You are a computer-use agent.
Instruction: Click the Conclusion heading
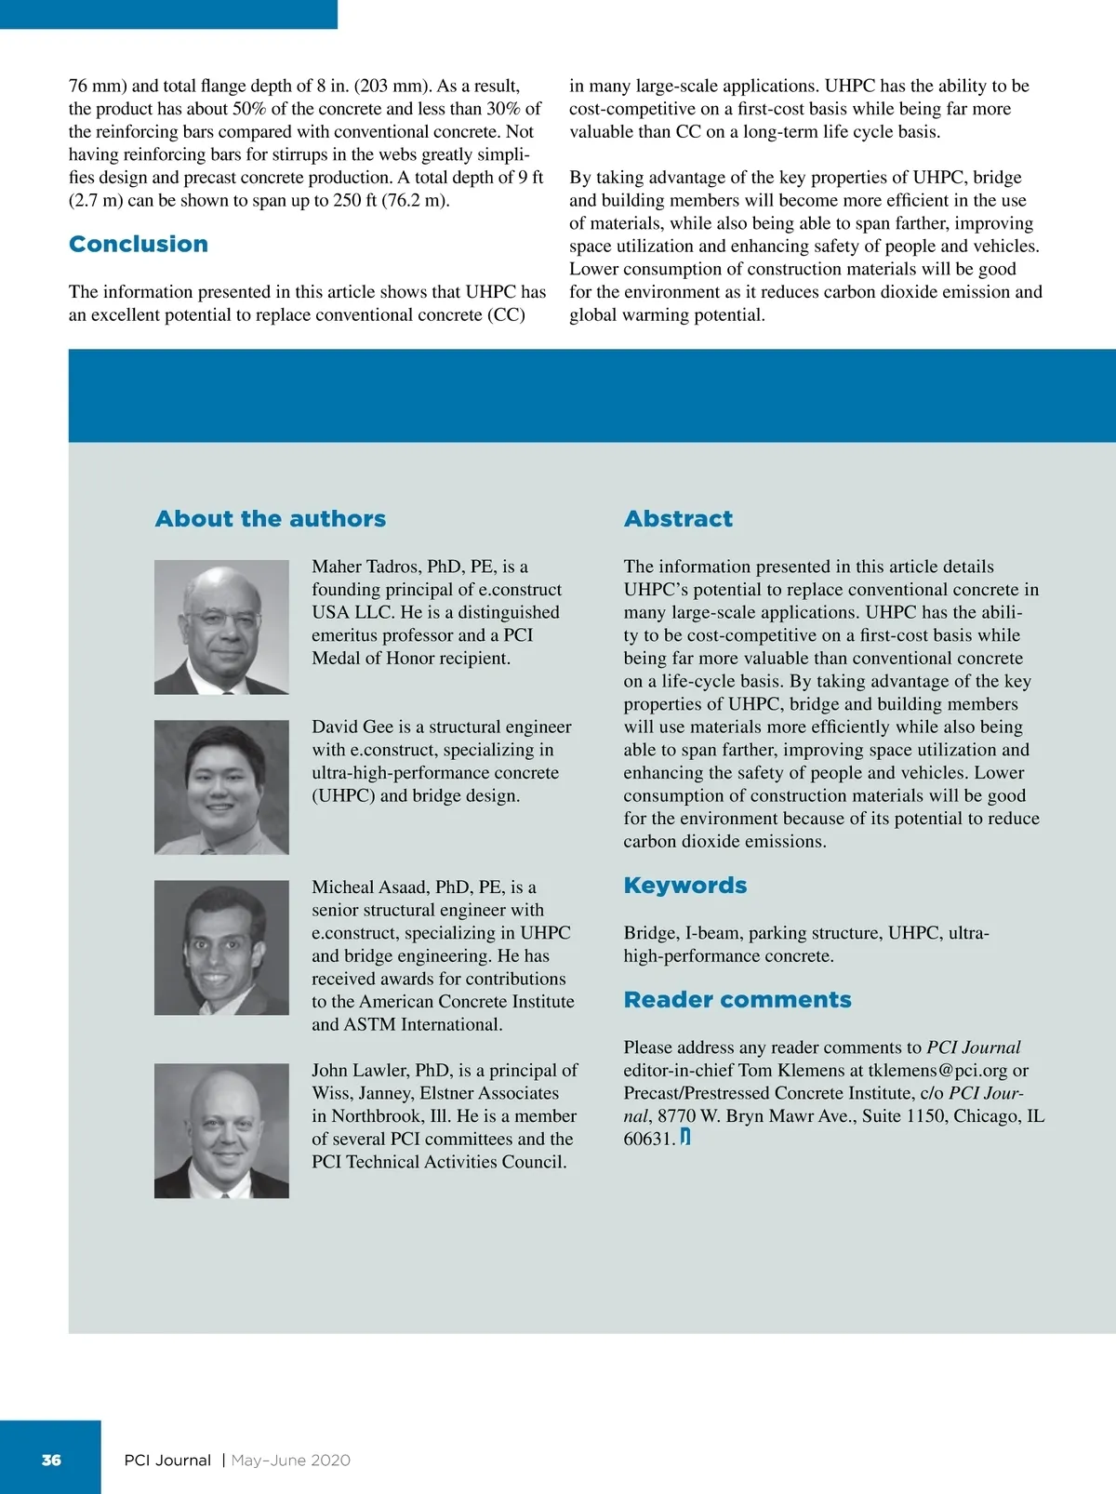tap(139, 244)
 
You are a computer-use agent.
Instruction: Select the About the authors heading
tap(270, 518)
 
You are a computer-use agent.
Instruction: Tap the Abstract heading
tap(678, 518)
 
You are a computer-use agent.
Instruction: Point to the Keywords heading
tap(684, 885)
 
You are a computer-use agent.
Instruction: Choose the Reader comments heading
tap(737, 999)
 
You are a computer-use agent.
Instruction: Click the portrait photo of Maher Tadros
tap(221, 626)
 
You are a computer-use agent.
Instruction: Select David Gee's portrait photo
tap(221, 787)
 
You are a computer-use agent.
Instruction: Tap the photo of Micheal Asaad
tap(221, 947)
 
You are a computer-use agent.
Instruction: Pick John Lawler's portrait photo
tap(221, 1130)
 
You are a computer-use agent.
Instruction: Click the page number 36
tap(51, 1460)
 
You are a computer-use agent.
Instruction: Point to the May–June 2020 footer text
tap(290, 1460)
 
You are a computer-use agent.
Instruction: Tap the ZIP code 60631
tap(647, 1139)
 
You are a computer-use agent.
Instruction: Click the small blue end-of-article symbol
tap(685, 1137)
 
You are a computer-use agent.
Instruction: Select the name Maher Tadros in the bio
tap(365, 567)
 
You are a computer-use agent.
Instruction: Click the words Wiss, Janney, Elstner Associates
tap(435, 1093)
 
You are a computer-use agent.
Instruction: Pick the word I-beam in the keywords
tap(711, 932)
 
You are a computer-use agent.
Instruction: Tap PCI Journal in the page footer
tap(167, 1460)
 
